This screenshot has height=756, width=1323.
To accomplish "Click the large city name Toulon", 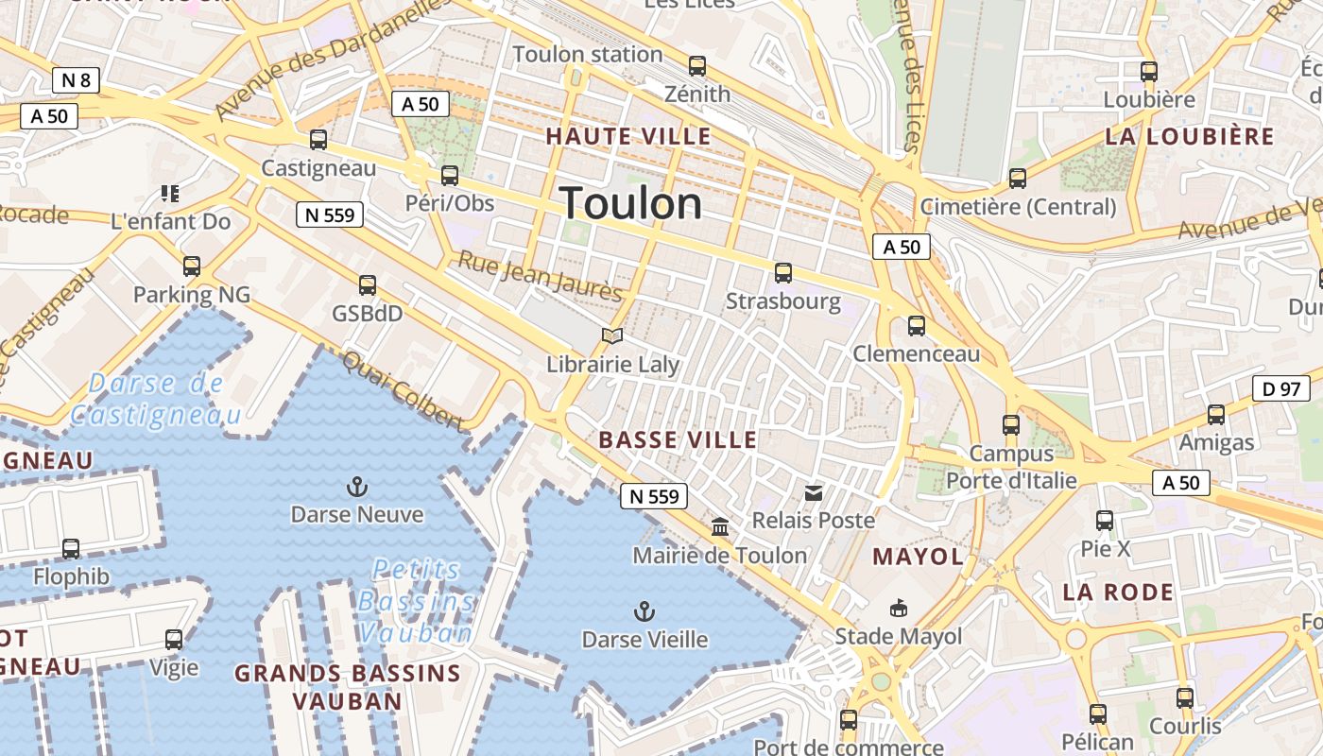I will point(630,204).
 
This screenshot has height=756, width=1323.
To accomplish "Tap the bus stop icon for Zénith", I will point(697,66).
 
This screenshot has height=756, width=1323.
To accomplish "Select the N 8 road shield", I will point(77,80).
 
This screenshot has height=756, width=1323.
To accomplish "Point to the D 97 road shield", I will point(1281,387).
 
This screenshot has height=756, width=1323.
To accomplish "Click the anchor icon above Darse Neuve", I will point(357,488).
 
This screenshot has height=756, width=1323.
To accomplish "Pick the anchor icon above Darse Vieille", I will point(644,611).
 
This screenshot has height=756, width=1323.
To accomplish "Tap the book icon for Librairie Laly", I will point(612,335).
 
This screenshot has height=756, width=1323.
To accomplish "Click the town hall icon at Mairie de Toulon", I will point(720,526).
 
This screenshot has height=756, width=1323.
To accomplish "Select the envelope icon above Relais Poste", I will point(813,492).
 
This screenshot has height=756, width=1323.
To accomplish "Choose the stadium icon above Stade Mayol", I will point(898,608).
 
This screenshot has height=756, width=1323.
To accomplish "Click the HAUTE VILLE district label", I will point(628,136).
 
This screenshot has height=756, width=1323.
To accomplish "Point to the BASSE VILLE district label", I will point(678,439).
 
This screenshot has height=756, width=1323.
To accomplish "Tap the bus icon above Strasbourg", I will point(782,273).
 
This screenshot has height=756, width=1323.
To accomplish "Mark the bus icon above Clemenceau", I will point(916,326).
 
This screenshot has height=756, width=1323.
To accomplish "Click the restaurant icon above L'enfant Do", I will point(170,194).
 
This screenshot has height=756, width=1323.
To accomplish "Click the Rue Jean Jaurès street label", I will point(540,276).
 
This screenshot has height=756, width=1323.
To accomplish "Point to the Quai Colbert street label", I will point(402,391).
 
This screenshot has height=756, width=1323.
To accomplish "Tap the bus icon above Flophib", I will point(71,548).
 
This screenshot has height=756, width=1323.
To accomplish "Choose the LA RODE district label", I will point(1118,593).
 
